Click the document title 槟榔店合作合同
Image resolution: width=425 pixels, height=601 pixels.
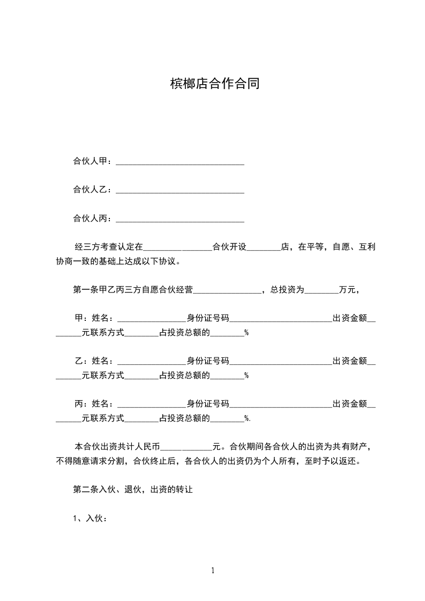pyautogui.click(x=214, y=84)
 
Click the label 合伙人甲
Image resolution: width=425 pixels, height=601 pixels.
pyautogui.click(x=91, y=161)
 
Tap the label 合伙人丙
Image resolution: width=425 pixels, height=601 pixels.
pyautogui.click(x=91, y=218)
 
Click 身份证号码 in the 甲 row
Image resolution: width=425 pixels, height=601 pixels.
pyautogui.click(x=208, y=318)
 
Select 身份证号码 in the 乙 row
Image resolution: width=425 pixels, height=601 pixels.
pyautogui.click(x=208, y=360)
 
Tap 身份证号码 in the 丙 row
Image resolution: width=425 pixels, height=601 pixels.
pyautogui.click(x=208, y=403)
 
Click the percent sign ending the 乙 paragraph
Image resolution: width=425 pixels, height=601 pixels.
pyautogui.click(x=247, y=375)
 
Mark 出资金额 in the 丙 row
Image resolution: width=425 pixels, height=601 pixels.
pyautogui.click(x=350, y=403)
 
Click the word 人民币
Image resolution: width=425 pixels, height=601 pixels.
pyautogui.click(x=147, y=446)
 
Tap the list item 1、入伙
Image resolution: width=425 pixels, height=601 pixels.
pyautogui.click(x=90, y=518)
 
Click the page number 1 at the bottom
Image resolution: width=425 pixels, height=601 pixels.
pyautogui.click(x=213, y=570)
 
